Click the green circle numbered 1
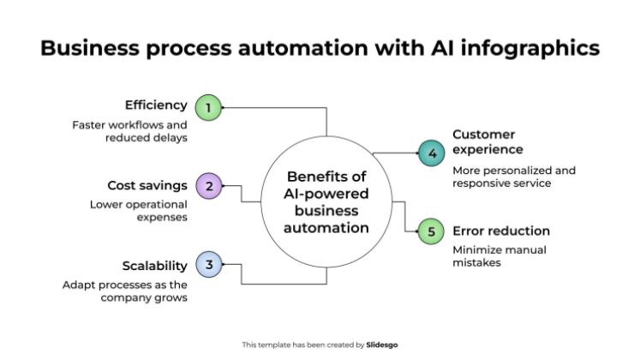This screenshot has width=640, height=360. pyautogui.click(x=207, y=108)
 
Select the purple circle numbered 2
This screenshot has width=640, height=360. pyautogui.click(x=208, y=185)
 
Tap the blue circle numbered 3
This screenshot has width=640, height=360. pyautogui.click(x=208, y=266)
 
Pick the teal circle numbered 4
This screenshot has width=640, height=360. pyautogui.click(x=432, y=154)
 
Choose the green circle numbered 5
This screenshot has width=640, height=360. pyautogui.click(x=432, y=231)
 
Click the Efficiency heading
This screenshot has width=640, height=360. pyautogui.click(x=156, y=105)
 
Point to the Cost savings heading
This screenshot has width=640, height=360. pyautogui.click(x=147, y=185)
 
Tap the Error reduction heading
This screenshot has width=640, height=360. pyautogui.click(x=501, y=231)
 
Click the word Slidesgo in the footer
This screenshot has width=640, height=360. pyautogui.click(x=382, y=345)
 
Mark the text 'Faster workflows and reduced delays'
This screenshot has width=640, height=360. pyautogui.click(x=129, y=131)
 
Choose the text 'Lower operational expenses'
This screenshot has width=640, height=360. pyautogui.click(x=139, y=211)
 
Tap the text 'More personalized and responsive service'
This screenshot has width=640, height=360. pyautogui.click(x=514, y=177)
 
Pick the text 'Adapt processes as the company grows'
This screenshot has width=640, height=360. pyautogui.click(x=125, y=291)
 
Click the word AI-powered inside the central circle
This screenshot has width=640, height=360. pyautogui.click(x=326, y=194)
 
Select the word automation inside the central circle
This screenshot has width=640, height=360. pyautogui.click(x=326, y=228)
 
